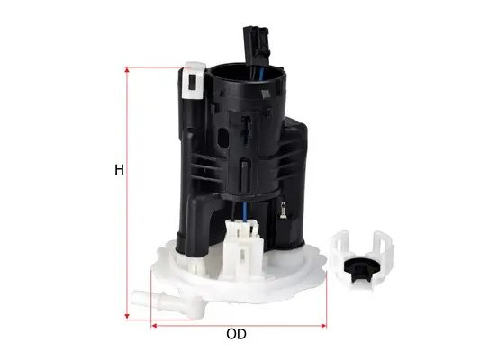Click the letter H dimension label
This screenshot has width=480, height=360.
(x=118, y=170)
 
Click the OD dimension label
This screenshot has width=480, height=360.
(x=236, y=334)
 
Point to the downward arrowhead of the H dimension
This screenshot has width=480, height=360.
(x=128, y=317)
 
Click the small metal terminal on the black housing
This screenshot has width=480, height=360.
(x=284, y=214)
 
